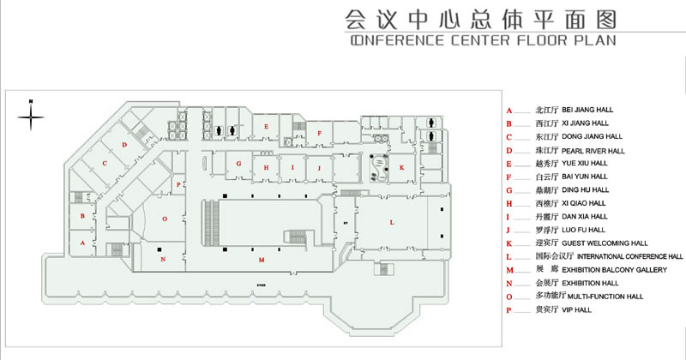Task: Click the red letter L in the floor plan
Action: point(392,223)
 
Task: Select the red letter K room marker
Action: point(400,168)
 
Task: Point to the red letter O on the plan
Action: point(165,219)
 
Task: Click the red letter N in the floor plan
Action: point(162,258)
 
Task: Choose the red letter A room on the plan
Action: point(82,243)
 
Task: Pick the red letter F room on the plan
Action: point(319,133)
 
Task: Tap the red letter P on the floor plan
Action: point(178,184)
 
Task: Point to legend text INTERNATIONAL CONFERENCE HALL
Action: point(629,256)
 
